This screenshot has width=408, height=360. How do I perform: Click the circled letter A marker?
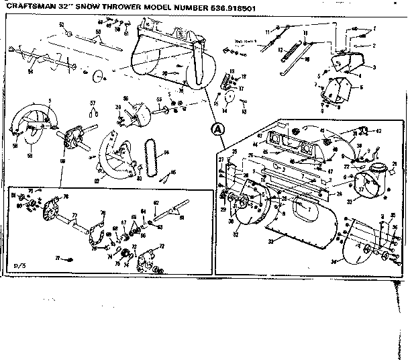coord(216,130)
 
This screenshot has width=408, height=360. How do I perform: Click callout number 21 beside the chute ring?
coord(395,163)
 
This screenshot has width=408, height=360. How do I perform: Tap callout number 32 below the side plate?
coord(236,236)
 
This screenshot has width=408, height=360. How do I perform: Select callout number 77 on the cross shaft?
coord(75,216)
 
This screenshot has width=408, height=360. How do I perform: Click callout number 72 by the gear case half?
coord(161,247)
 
